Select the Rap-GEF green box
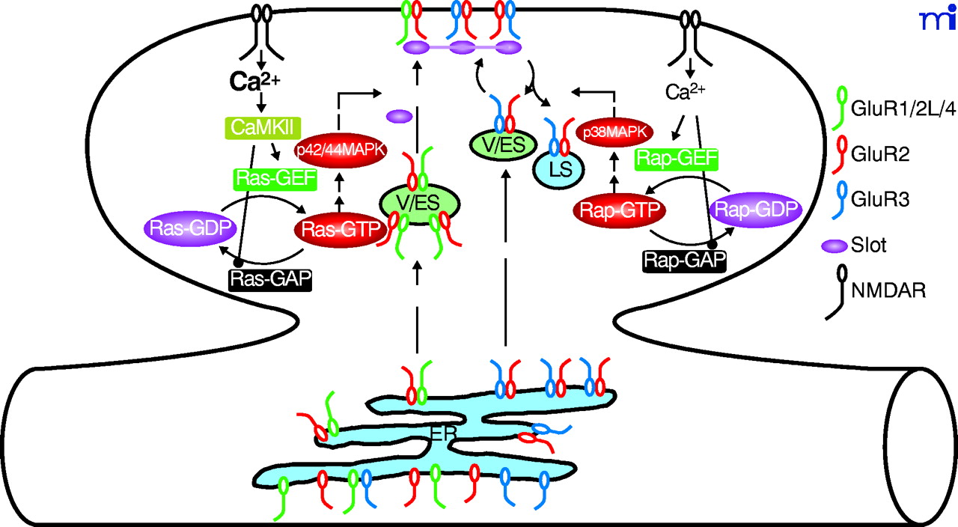pyautogui.click(x=676, y=159)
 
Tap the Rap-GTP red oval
pyautogui.click(x=618, y=212)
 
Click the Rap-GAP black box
pyautogui.click(x=683, y=260)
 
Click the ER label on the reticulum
pyautogui.click(x=445, y=432)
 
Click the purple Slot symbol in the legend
pyautogui.click(x=834, y=246)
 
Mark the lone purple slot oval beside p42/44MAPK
pyautogui.click(x=400, y=116)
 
